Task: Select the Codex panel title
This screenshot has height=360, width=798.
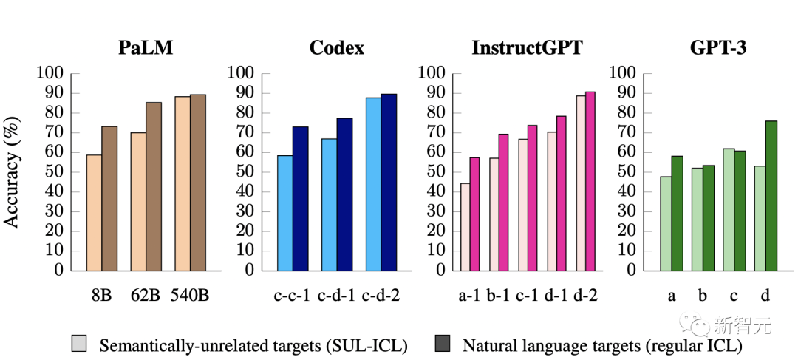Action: pyautogui.click(x=336, y=49)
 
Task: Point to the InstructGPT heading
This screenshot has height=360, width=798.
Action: pyautogui.click(x=527, y=49)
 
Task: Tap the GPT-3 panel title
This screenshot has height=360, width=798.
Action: pyautogui.click(x=717, y=49)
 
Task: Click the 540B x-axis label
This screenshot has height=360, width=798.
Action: pyautogui.click(x=189, y=296)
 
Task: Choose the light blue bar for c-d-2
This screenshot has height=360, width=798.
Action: pyautogui.click(x=373, y=184)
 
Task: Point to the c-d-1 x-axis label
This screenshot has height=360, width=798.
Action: pyautogui.click(x=336, y=296)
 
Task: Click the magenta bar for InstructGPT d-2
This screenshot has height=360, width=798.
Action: pyautogui.click(x=590, y=181)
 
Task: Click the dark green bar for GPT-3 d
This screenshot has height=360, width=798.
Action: pyautogui.click(x=771, y=195)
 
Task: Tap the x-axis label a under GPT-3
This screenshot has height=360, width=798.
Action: pyautogui.click(x=672, y=296)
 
